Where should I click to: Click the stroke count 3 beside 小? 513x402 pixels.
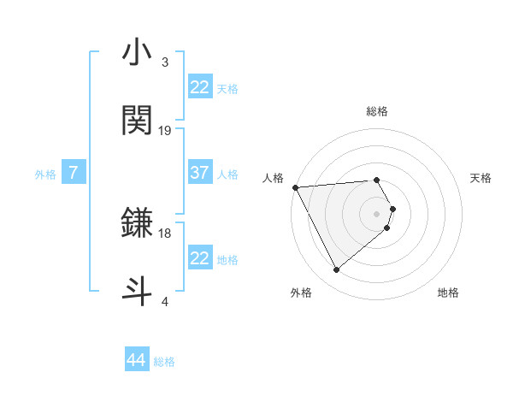[x=165, y=63]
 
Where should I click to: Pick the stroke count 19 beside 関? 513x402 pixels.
[x=165, y=130]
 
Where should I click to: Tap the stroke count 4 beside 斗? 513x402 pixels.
[x=165, y=301]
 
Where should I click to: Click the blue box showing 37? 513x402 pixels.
[x=199, y=173]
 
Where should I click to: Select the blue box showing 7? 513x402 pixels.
[x=74, y=173]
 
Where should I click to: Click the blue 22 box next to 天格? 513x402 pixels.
[x=199, y=87]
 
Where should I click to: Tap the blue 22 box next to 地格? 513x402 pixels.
[x=199, y=258]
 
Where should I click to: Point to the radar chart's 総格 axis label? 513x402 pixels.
[x=377, y=111]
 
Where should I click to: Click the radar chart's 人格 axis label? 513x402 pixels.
[x=273, y=178]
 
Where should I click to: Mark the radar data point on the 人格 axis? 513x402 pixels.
[x=295, y=187]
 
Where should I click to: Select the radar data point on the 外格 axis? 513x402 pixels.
[x=337, y=270]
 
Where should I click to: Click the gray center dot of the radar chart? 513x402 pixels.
[x=377, y=213]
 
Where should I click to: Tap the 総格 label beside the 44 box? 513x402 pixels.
[x=164, y=361]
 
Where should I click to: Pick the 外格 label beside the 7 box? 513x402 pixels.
[x=45, y=174]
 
